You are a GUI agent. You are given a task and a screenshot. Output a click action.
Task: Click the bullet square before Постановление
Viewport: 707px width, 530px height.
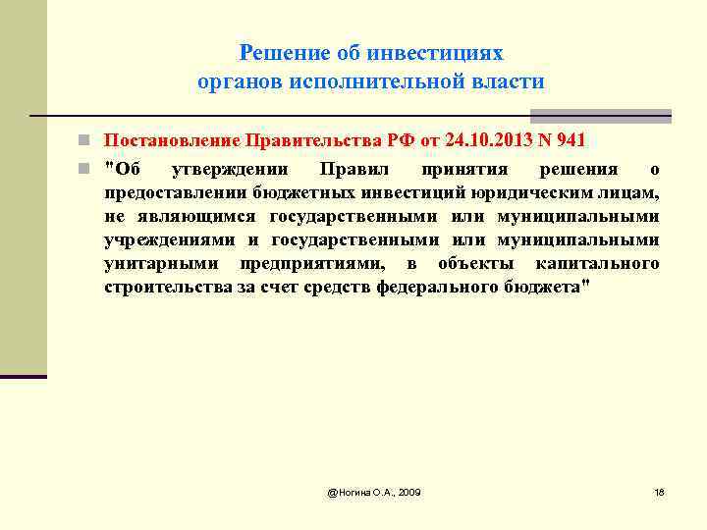pyautogui.click(x=87, y=140)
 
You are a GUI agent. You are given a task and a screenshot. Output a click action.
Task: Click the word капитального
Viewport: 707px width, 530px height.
pyautogui.click(x=597, y=263)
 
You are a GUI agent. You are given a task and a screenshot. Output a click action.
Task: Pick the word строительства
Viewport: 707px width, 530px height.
pyautogui.click(x=163, y=287)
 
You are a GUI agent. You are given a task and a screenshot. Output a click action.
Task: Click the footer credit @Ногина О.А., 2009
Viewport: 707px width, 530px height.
pyautogui.click(x=374, y=491)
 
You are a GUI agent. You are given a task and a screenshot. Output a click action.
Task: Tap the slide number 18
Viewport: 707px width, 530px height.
pyautogui.click(x=659, y=491)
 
